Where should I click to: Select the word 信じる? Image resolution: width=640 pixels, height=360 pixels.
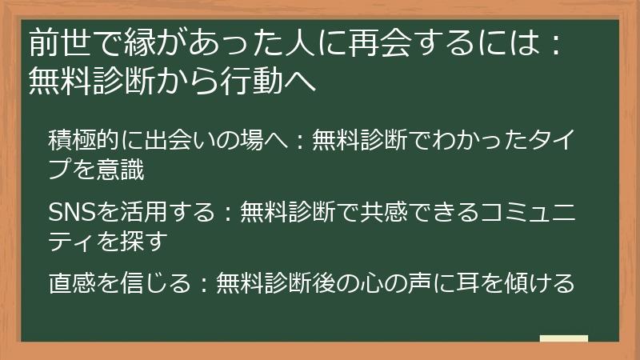(x=142, y=282)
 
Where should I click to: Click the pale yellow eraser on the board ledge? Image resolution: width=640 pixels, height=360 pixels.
(x=563, y=338)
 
